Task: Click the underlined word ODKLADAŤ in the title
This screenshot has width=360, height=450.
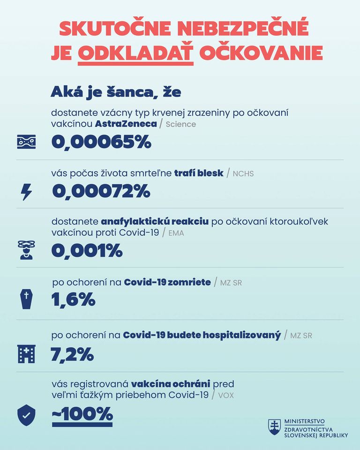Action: tap(136, 52)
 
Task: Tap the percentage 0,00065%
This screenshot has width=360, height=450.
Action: tap(101, 142)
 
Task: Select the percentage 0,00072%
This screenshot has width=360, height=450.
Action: tap(101, 191)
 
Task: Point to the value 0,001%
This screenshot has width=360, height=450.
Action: tap(87, 251)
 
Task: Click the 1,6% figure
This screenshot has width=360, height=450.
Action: tap(73, 299)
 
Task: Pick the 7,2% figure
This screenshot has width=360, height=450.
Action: tap(72, 354)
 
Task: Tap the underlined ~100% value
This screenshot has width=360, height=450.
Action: tap(82, 414)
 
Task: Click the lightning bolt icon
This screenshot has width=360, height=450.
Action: tap(26, 192)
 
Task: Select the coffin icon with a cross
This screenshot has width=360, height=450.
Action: tap(26, 298)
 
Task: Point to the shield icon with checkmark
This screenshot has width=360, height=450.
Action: tap(26, 414)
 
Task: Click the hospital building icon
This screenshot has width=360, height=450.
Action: tap(26, 354)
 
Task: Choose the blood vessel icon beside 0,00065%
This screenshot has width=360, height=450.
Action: tap(26, 142)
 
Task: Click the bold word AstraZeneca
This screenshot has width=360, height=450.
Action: tap(126, 124)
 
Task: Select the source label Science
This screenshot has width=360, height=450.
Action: tap(181, 125)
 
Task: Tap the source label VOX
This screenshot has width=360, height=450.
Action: tap(226, 395)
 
